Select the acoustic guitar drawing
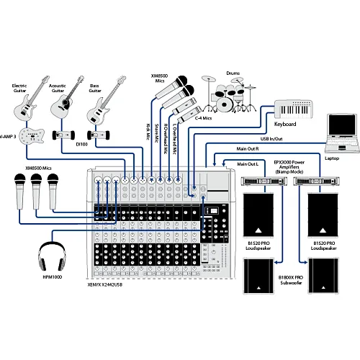tap(64, 105)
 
